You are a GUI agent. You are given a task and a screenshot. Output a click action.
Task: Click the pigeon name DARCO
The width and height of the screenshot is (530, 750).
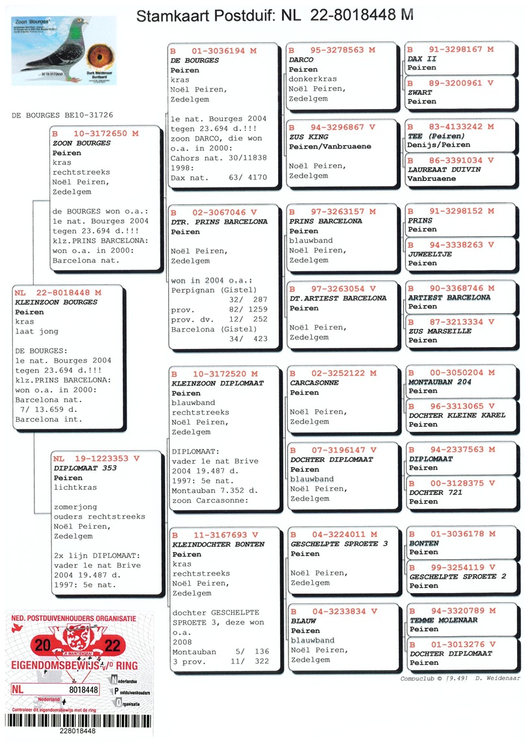tap(301, 60)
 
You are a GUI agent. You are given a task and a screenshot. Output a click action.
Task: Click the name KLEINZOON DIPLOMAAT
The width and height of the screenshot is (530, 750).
tap(217, 383)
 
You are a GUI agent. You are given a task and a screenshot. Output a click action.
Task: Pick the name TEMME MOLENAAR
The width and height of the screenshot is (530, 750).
tap(443, 620)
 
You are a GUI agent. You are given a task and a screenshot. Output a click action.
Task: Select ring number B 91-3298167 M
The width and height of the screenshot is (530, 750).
tap(450, 49)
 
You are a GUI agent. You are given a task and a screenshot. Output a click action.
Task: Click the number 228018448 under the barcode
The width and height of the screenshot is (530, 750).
tap(73, 731)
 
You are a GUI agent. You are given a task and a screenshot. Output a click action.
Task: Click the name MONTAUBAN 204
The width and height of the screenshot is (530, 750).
tap(440, 382)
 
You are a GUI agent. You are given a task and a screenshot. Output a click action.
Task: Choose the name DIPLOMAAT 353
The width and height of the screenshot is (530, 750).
tap(85, 468)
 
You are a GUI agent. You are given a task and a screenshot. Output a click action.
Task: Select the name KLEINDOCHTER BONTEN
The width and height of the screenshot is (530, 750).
tap(218, 544)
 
